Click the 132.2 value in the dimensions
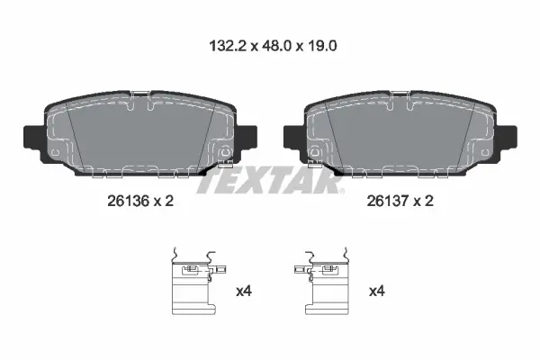point(228,46)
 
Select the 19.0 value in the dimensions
point(321,46)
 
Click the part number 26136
point(128,201)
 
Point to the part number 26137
point(387,201)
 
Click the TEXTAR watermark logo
point(270,180)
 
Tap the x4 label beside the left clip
point(244,292)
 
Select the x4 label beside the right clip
point(377,292)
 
